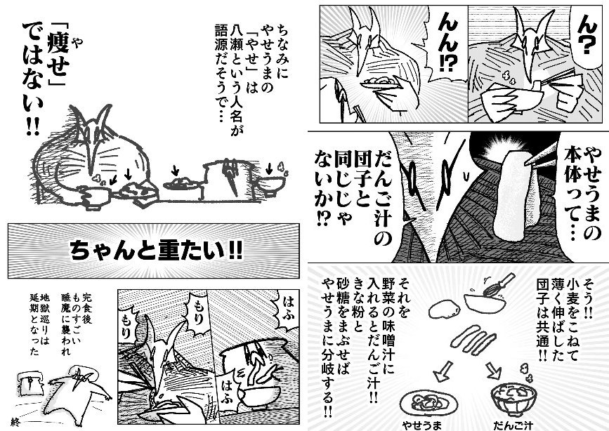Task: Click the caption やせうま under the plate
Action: (421, 425)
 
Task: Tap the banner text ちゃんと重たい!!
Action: (156, 251)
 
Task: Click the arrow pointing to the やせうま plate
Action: (443, 371)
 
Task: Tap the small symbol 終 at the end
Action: (15, 422)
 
